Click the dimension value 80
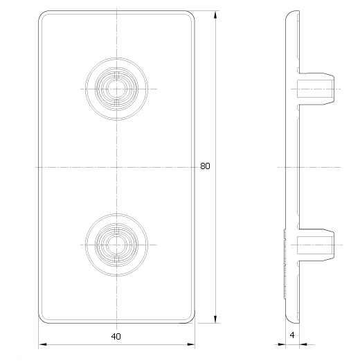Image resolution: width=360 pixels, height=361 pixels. point(205,166)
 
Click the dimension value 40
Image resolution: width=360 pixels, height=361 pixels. point(116,337)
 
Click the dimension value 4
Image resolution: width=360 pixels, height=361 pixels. point(292,335)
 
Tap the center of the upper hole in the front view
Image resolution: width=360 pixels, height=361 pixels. point(116,89)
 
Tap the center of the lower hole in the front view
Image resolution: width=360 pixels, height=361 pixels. point(116,245)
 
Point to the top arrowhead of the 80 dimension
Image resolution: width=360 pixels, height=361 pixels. point(215,15)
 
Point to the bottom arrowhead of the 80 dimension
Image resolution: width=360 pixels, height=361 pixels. point(215,319)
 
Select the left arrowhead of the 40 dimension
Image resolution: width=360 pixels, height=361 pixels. point(42,344)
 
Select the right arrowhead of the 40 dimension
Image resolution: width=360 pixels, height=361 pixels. point(191,344)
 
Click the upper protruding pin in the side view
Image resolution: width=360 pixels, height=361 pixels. point(316,89)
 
